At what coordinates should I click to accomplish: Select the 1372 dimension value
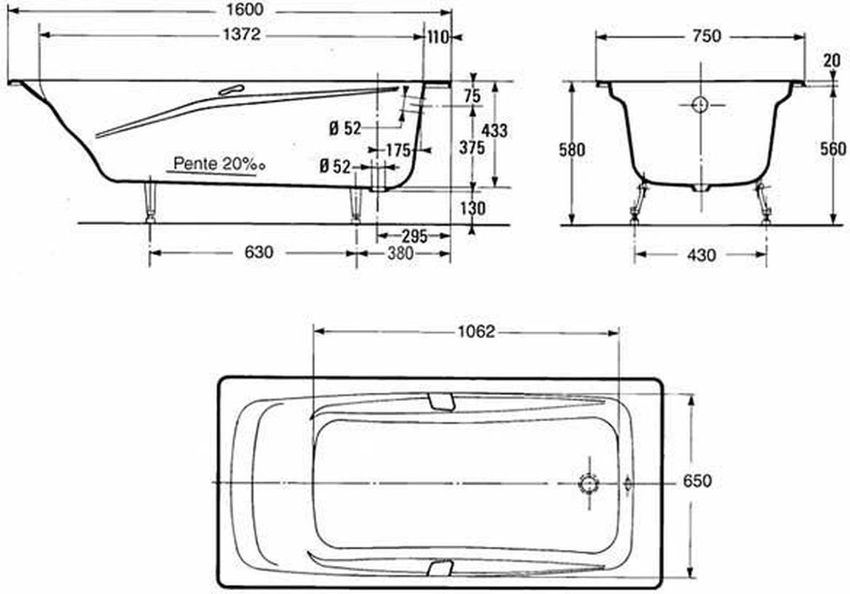tap(242, 35)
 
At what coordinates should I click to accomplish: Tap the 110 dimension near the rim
tap(438, 37)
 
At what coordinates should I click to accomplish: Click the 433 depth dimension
tap(494, 131)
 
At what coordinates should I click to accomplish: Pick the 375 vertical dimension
tap(472, 147)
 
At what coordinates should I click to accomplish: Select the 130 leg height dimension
tap(473, 208)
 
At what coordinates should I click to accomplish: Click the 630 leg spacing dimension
tap(259, 252)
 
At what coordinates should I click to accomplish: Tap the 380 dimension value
tap(401, 253)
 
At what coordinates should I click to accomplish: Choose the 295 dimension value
tap(415, 236)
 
